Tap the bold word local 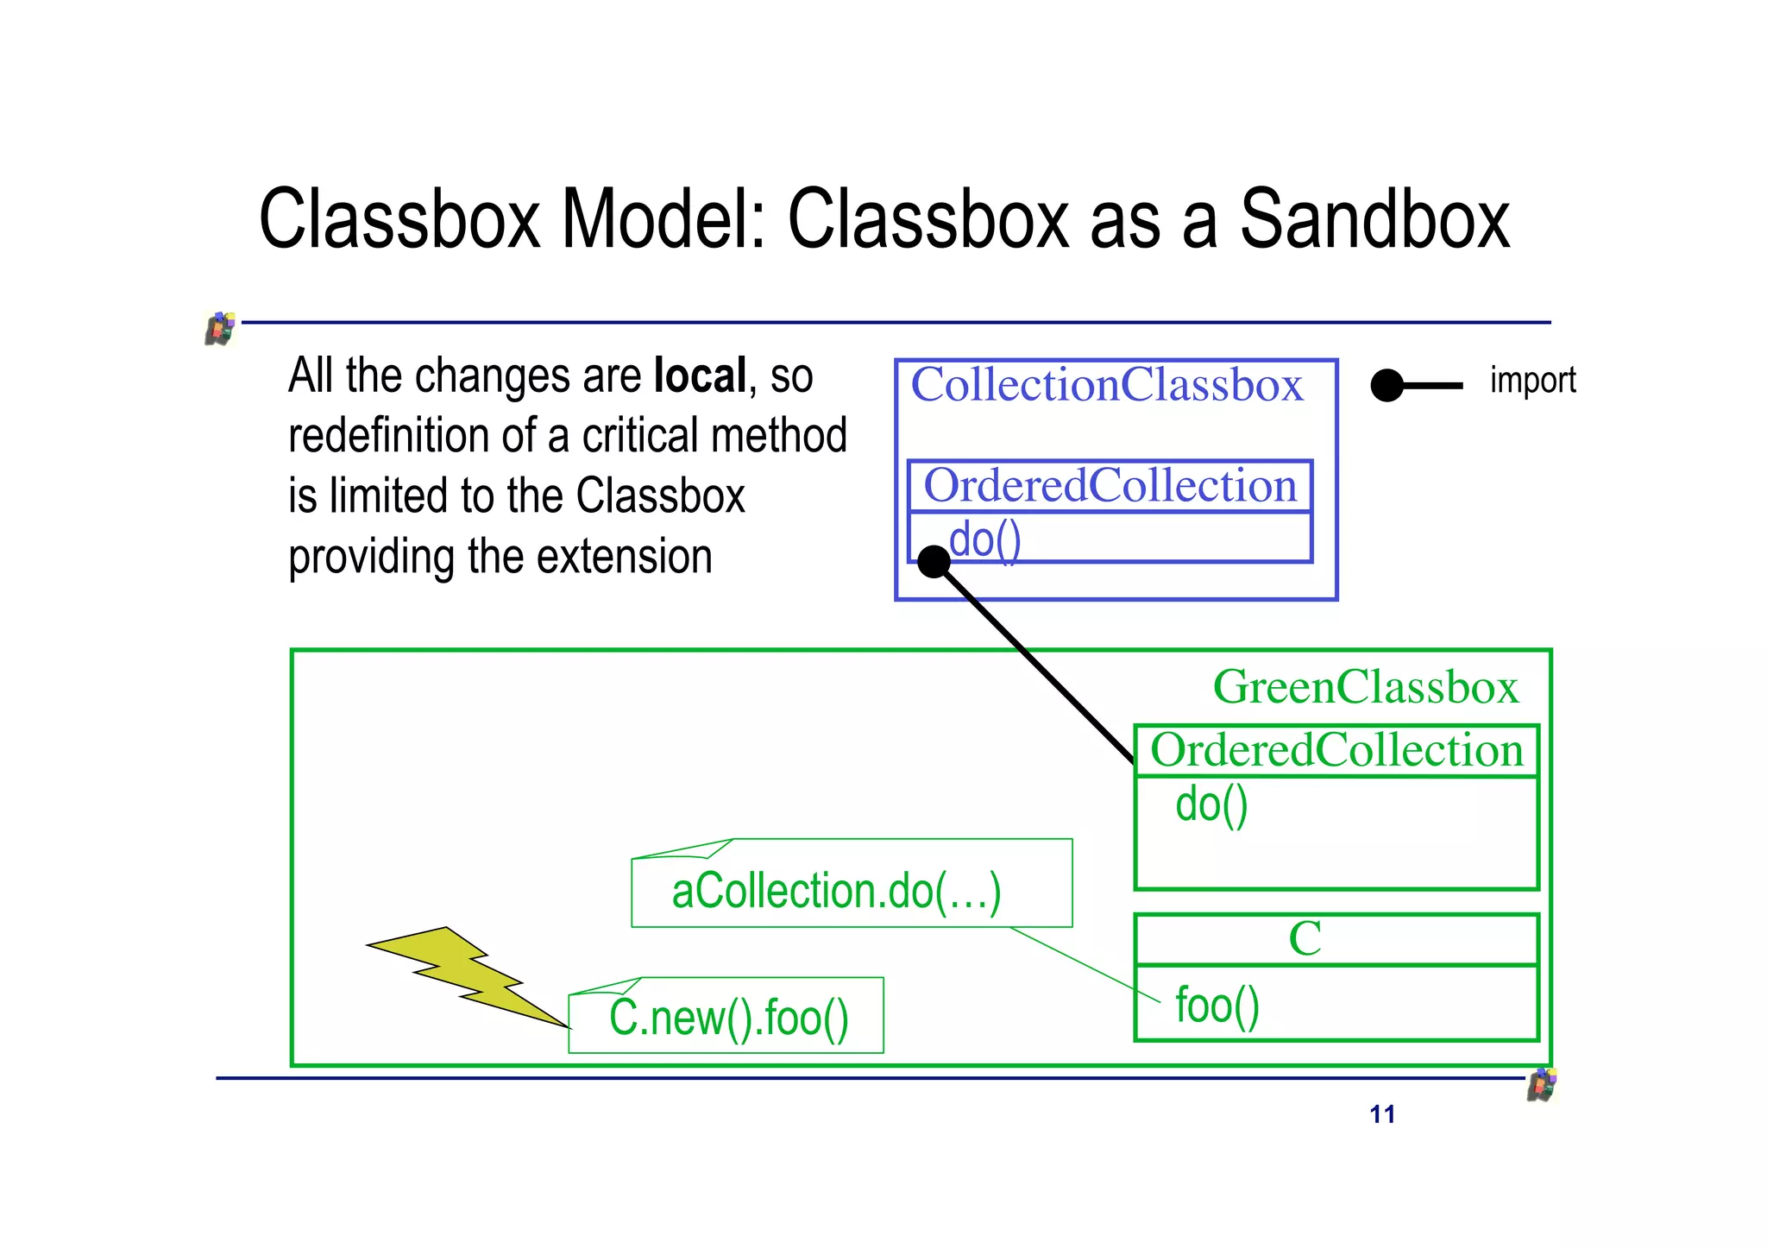(700, 376)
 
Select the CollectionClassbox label (1106, 385)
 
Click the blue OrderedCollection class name (1110, 486)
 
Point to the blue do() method (985, 540)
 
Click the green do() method (1211, 804)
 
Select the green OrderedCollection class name (1336, 750)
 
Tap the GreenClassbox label (1365, 687)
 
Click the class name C (1305, 938)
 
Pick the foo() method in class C (1217, 1006)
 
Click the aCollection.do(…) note (835, 891)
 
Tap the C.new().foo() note (728, 1018)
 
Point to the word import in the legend (1532, 381)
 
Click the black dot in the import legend (1387, 386)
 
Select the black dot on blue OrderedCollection (934, 562)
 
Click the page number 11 (1381, 1114)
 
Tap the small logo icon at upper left (221, 329)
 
